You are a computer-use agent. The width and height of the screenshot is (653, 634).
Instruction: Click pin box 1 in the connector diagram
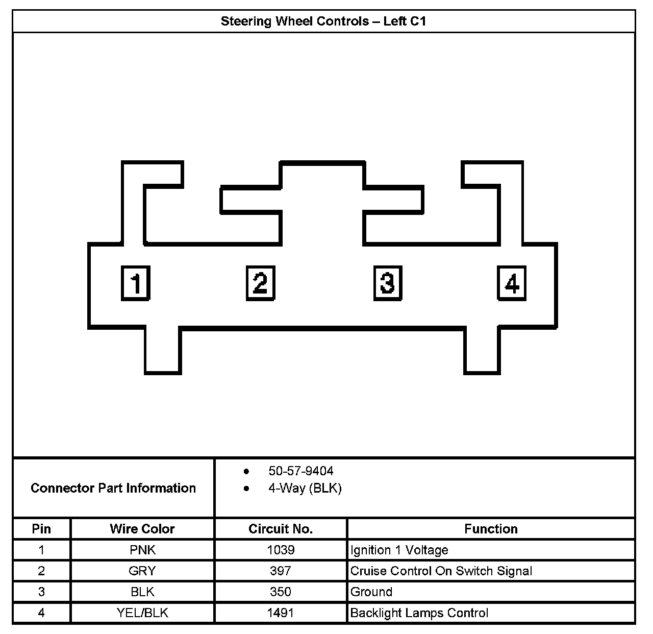click(135, 282)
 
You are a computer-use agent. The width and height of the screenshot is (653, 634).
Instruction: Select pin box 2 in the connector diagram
click(260, 282)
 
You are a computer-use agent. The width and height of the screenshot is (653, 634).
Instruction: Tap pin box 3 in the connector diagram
click(387, 282)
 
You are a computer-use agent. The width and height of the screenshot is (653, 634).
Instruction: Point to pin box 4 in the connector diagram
click(512, 282)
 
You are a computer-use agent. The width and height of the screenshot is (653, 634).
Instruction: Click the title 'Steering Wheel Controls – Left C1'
click(323, 21)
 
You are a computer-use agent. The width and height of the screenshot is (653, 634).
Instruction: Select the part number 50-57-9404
click(300, 471)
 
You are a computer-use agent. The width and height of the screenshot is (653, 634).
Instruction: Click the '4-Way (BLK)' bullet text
click(305, 488)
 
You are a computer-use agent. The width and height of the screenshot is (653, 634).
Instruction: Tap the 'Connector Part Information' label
click(113, 488)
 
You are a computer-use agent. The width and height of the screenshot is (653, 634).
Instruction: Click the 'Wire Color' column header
click(142, 529)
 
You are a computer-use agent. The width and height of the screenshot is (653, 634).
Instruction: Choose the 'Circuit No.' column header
click(281, 529)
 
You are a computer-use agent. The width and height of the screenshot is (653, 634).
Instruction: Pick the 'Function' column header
click(491, 529)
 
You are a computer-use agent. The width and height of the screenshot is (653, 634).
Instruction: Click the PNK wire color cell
click(142, 550)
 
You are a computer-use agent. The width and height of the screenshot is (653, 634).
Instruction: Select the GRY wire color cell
click(142, 571)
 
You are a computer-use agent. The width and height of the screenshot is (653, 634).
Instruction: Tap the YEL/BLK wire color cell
click(142, 613)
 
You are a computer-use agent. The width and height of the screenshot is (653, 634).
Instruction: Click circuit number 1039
click(281, 550)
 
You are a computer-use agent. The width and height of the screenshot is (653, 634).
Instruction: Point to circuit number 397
click(281, 571)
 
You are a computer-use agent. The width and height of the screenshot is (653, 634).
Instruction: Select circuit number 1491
click(281, 613)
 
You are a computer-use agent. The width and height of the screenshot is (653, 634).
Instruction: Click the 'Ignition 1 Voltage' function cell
click(399, 550)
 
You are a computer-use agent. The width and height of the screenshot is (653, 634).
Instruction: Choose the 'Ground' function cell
click(371, 592)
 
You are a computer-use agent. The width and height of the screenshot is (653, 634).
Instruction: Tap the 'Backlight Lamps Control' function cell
click(419, 613)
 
